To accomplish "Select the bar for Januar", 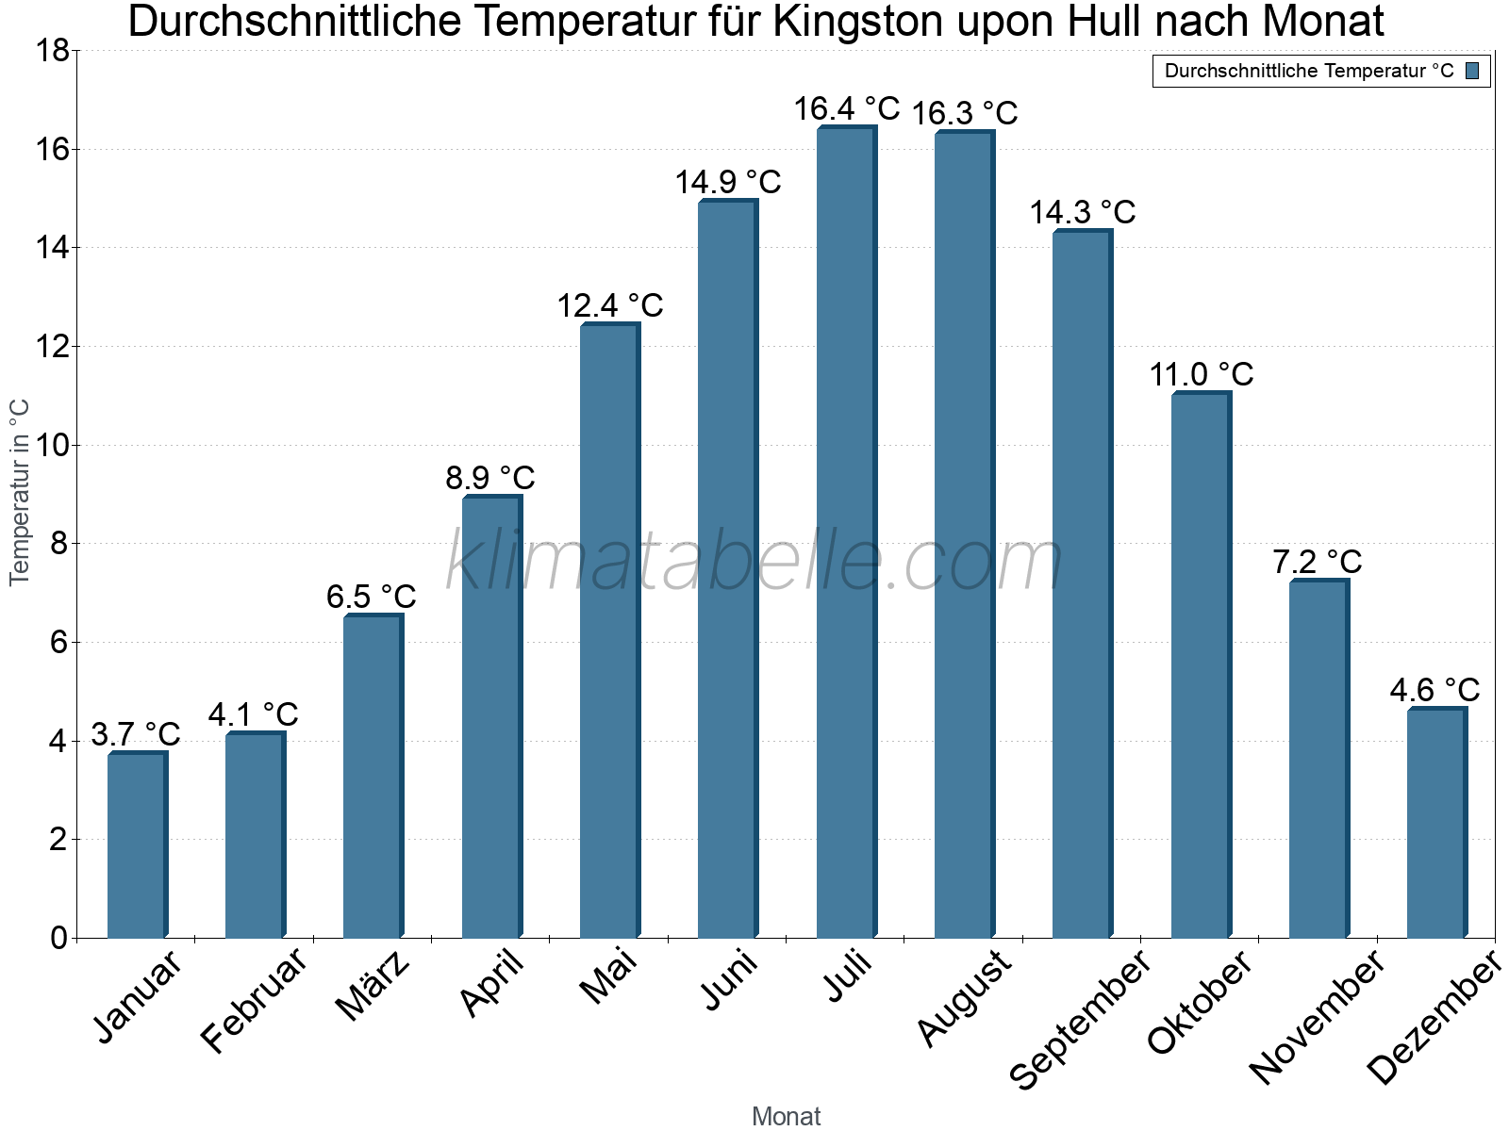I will click(x=137, y=845).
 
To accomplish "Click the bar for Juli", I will click(x=846, y=533).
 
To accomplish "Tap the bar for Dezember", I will click(x=1436, y=823).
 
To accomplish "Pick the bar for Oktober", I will click(x=1201, y=665).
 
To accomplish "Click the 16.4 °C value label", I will click(x=846, y=109).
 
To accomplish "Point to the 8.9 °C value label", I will click(x=490, y=478).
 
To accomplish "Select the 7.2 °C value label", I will click(x=1318, y=562).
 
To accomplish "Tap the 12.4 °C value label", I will click(x=610, y=305).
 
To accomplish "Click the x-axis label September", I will click(x=1081, y=1018).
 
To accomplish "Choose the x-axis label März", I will click(x=374, y=986).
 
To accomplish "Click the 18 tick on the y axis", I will click(x=52, y=51).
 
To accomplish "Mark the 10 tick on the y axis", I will click(x=52, y=445).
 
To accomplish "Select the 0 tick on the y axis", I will click(x=58, y=938).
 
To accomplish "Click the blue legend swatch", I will click(x=1472, y=71).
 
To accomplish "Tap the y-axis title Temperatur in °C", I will click(x=20, y=492).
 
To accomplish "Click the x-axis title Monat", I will click(x=786, y=1117).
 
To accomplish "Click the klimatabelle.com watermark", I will click(x=754, y=562).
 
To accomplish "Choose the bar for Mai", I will click(x=609, y=631).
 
